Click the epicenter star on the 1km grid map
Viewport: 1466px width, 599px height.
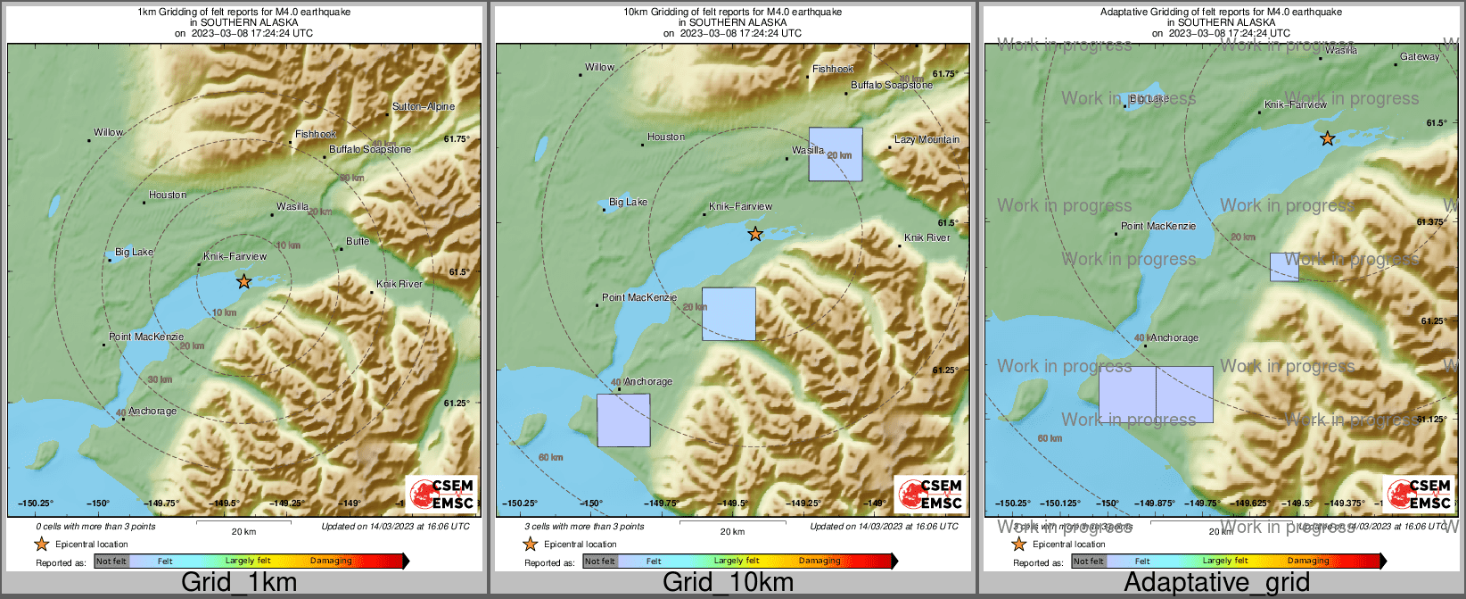pos(243,281)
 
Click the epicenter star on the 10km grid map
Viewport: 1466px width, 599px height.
pos(755,234)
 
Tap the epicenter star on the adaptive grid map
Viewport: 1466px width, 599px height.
pos(1327,138)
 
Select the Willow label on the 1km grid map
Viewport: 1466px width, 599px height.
pos(109,132)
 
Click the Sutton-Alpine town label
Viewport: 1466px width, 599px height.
pos(424,106)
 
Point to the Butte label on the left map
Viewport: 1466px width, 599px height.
pos(358,241)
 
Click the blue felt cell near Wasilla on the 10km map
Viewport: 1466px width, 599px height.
pos(836,154)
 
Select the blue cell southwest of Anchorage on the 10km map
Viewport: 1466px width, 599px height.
pos(623,420)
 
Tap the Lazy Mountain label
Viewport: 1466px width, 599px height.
pos(927,139)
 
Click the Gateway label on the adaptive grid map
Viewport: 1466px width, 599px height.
pos(1420,56)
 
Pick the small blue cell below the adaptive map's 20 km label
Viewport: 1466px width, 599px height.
pos(1284,267)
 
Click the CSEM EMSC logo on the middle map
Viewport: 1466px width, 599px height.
pos(929,494)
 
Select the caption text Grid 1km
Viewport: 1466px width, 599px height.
pos(239,583)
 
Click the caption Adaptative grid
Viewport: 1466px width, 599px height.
pos(1216,583)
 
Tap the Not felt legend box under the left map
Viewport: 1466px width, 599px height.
pos(111,562)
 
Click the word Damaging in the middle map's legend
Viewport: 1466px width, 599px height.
pos(819,561)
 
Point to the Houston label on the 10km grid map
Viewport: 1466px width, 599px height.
pos(666,137)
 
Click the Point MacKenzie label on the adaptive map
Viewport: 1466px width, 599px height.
pos(1158,226)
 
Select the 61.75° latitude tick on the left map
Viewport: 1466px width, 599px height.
pos(456,138)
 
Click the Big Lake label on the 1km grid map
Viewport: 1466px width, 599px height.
pos(135,252)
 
